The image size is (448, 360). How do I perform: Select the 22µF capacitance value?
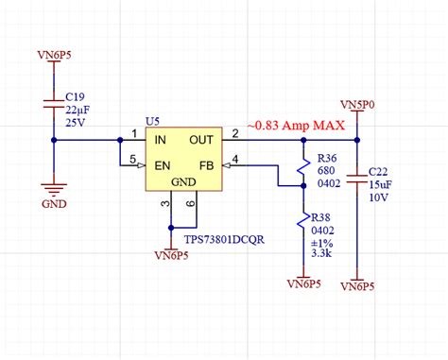[x=77, y=109]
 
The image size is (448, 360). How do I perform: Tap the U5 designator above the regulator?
[x=153, y=121]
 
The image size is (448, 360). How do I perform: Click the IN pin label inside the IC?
[x=161, y=140]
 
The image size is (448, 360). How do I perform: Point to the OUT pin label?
[x=201, y=140]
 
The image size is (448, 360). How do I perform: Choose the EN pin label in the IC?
[x=162, y=164]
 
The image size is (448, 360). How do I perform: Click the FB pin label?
[x=205, y=164]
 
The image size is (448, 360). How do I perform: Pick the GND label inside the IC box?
[x=183, y=181]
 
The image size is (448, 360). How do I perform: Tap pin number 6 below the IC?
[x=191, y=203]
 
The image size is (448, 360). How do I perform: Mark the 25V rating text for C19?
[x=75, y=123]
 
